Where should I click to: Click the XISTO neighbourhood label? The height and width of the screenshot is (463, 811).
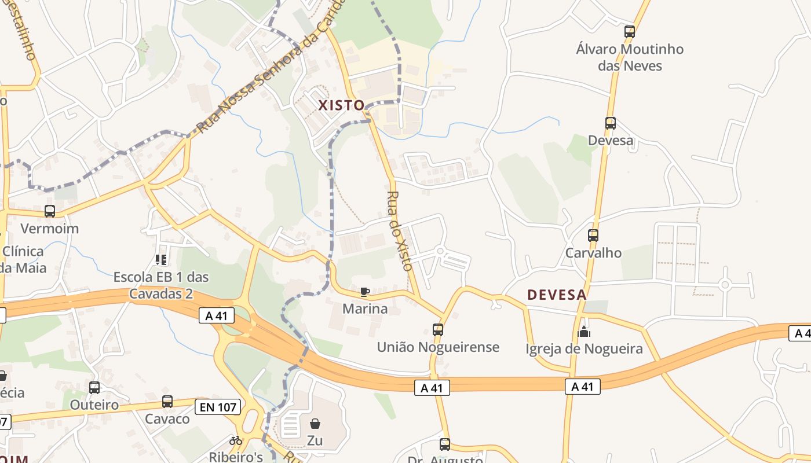[x=341, y=105]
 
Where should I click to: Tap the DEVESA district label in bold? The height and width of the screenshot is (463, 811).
[x=557, y=295]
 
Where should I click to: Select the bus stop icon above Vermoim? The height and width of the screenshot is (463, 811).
[x=50, y=211]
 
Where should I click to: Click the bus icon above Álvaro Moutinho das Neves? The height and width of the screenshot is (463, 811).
[x=630, y=32]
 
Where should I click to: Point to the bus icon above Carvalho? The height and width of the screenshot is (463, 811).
[x=593, y=236]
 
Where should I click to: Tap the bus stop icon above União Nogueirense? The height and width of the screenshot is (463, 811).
[x=438, y=330]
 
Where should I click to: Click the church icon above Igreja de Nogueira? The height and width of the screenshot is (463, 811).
[x=584, y=332]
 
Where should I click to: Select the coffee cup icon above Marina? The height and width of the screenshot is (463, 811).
[x=364, y=292]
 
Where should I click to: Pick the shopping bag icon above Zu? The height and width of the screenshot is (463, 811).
[x=315, y=424]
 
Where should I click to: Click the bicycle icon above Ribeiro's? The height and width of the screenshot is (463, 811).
[x=236, y=440]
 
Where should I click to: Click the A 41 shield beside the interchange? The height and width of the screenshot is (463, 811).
[x=217, y=315]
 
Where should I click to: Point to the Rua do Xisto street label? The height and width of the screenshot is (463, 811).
[x=400, y=231]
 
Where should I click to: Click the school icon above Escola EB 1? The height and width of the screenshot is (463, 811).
[x=161, y=260]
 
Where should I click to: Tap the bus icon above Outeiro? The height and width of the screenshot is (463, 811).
[x=94, y=388]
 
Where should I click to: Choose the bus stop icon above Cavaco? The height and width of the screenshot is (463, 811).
[x=167, y=402]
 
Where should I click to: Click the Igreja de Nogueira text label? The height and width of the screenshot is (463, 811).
[x=584, y=349]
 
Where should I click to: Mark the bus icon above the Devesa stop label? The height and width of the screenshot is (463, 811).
[x=611, y=123]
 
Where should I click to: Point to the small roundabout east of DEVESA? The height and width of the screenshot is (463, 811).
[x=725, y=285]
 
